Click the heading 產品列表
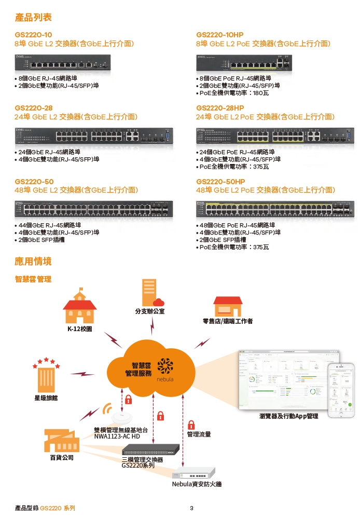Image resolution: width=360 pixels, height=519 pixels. pyautogui.click(x=33, y=18)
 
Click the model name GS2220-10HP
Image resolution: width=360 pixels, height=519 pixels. pyautogui.click(x=220, y=34)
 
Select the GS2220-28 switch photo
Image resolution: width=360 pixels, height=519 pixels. pyautogui.click(x=93, y=136)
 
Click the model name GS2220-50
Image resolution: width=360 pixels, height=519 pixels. pyautogui.click(x=34, y=182)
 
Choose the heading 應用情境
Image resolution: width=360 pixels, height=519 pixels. pyautogui.click(x=33, y=261)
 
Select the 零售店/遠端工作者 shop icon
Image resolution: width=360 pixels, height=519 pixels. pyautogui.click(x=228, y=306)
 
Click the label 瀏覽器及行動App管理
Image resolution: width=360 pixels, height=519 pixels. pyautogui.click(x=288, y=416)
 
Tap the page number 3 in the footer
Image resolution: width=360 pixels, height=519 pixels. pyautogui.click(x=191, y=508)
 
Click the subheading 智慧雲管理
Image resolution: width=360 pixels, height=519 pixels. pyautogui.click(x=33, y=279)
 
